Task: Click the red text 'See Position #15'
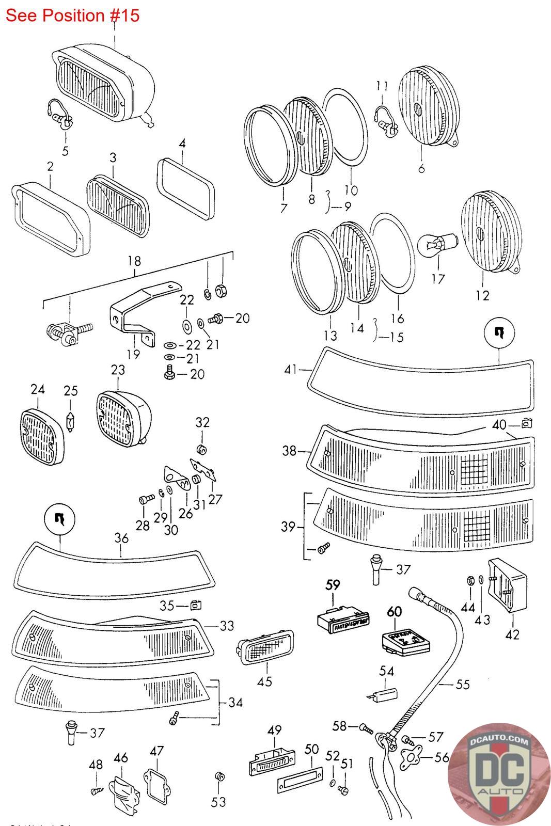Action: click(73, 15)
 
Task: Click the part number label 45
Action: click(264, 682)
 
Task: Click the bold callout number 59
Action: click(333, 585)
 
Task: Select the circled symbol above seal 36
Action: click(61, 519)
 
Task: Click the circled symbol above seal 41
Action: click(499, 333)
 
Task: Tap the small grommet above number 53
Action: click(218, 776)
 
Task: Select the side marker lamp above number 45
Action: click(265, 645)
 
